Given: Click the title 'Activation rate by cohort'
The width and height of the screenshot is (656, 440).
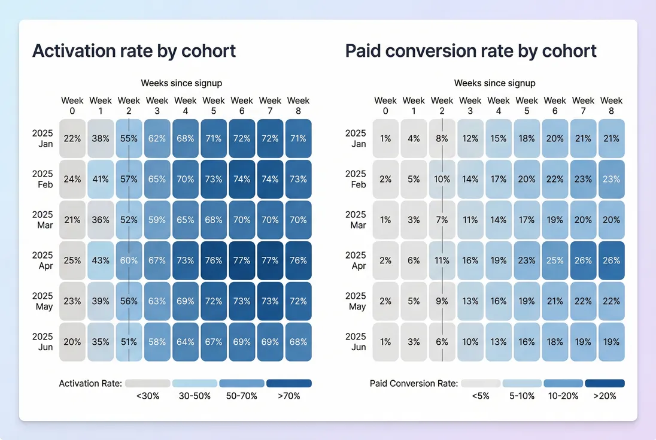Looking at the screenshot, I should tap(134, 51).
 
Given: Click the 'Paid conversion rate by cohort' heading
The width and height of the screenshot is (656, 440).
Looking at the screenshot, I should tap(470, 51).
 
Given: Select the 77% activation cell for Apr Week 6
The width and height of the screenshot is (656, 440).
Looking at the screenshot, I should tap(242, 260).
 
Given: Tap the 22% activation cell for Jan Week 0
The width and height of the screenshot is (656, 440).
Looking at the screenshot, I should tap(72, 138).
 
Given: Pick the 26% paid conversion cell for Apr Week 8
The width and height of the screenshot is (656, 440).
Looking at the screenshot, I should tap(611, 260).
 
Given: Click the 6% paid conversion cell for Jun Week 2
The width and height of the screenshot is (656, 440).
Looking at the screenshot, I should tap(442, 342).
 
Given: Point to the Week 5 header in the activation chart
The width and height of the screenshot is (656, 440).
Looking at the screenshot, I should tap(213, 106).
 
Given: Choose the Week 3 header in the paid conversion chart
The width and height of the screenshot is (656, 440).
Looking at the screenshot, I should tap(470, 106).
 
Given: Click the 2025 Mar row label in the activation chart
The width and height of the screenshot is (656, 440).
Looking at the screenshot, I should tap(42, 220).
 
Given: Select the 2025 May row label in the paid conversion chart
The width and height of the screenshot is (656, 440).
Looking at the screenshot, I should tap(356, 301).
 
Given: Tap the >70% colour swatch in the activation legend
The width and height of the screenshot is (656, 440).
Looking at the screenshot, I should tap(288, 383).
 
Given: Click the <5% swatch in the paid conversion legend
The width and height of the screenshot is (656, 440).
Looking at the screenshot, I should tap(481, 383).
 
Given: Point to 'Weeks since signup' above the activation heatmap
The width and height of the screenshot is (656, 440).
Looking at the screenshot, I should tap(181, 83).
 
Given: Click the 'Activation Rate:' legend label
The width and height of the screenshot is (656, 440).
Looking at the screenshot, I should tap(90, 383).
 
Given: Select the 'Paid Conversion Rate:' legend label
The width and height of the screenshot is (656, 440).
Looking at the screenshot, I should tap(414, 383).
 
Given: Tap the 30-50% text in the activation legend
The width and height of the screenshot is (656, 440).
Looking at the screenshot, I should tap(195, 396).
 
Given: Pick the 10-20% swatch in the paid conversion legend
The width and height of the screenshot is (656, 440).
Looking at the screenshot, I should tap(563, 383).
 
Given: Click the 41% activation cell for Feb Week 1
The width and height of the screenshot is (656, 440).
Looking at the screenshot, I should tap(101, 179).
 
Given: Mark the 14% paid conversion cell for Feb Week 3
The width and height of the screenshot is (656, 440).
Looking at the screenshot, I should tap(470, 179).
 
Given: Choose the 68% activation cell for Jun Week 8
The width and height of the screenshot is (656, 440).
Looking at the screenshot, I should tap(298, 342).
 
